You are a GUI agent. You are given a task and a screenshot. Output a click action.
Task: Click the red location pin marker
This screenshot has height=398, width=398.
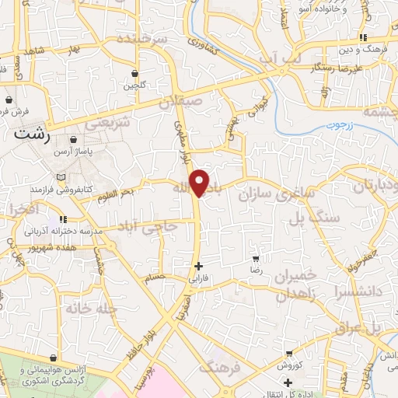coord(201,183)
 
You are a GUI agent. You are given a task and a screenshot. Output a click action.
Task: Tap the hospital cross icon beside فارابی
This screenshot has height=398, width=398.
coord(199,265)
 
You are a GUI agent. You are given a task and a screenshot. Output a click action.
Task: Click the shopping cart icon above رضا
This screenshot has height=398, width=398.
coord(256,258)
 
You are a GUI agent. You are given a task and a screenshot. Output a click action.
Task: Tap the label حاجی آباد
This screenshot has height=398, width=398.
coord(147,226)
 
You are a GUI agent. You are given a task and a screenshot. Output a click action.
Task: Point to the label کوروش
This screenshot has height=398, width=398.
coord(288,365)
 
